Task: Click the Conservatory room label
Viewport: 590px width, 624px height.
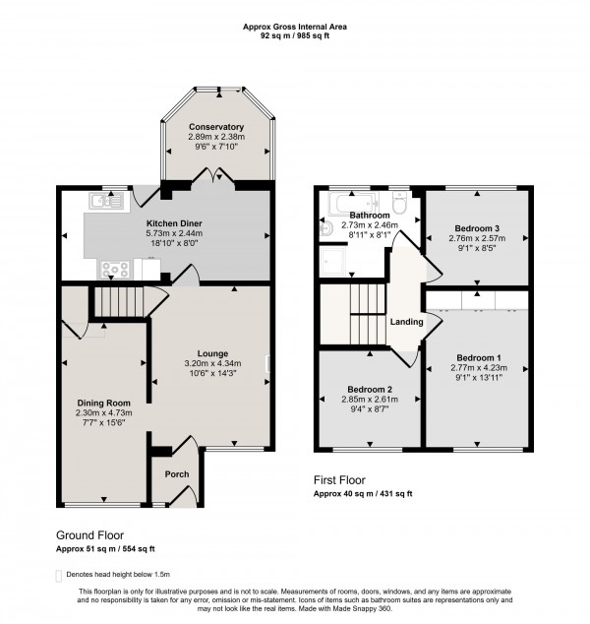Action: pos(217,127)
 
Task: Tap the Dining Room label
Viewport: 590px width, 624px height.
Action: pos(104,403)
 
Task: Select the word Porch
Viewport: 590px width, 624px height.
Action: pos(177,474)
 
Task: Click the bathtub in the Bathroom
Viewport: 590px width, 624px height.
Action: pos(349,204)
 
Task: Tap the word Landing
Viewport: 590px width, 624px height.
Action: pos(406,322)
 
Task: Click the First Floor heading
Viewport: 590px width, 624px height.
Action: pos(340,479)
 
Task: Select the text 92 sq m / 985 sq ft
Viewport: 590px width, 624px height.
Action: pos(294,37)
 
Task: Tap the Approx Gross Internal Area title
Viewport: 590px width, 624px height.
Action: pos(294,28)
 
